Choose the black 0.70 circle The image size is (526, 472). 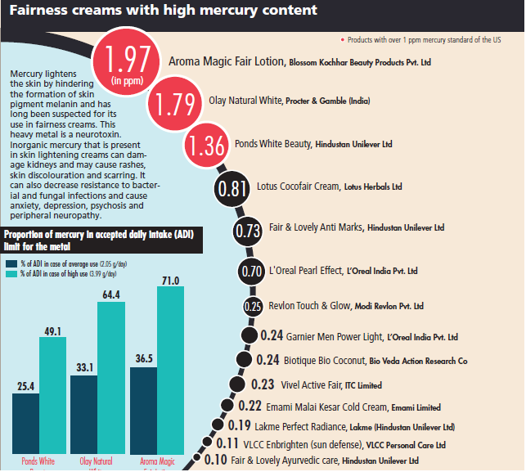(252, 271)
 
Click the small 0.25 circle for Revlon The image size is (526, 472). (254, 307)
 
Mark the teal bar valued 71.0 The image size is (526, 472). (177, 363)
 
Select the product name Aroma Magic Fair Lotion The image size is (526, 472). (227, 61)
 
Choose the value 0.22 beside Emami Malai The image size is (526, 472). (251, 406)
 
